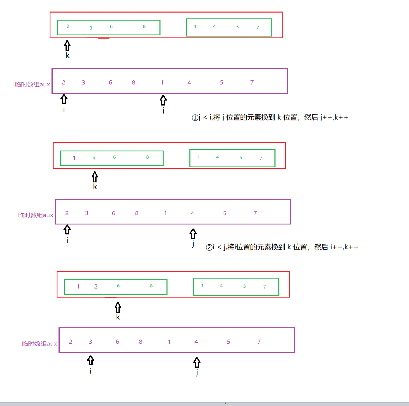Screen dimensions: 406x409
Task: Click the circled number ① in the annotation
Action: [x=195, y=118]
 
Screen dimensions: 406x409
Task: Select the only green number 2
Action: [x=68, y=26]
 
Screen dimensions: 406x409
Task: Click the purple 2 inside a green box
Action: [x=96, y=286]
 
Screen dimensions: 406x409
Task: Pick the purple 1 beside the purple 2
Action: [x=78, y=286]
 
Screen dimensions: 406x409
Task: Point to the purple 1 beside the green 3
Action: [x=74, y=158]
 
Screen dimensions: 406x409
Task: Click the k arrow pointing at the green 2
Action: [x=67, y=46]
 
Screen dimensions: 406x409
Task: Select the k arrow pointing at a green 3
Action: [x=95, y=177]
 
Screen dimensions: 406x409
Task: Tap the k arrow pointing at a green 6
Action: [x=118, y=307]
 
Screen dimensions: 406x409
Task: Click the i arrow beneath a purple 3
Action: [x=91, y=360]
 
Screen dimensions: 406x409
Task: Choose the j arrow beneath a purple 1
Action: [x=163, y=100]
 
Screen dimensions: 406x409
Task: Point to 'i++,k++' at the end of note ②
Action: [x=344, y=247]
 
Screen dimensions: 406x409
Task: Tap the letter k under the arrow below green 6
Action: [x=118, y=317]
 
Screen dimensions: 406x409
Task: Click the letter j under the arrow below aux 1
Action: [x=163, y=110]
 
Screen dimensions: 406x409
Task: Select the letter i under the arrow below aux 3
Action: [x=91, y=371]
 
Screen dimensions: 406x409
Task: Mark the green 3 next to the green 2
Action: [x=91, y=28]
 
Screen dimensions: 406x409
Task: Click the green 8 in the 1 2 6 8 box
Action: [x=151, y=286]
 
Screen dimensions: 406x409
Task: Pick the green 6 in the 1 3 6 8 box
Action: [x=114, y=157]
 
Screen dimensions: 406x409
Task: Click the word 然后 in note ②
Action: [x=321, y=247]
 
